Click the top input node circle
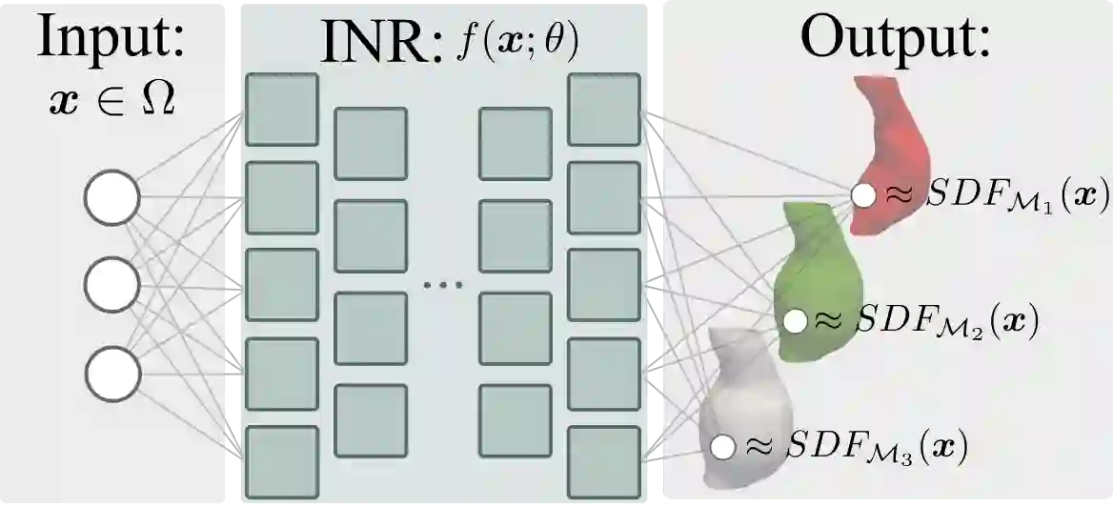(111, 197)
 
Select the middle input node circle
(111, 284)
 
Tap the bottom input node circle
(111, 371)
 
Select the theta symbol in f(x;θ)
(558, 44)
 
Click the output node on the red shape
(863, 196)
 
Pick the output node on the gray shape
(722, 445)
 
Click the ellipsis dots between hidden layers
(442, 284)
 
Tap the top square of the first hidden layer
(282, 110)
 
